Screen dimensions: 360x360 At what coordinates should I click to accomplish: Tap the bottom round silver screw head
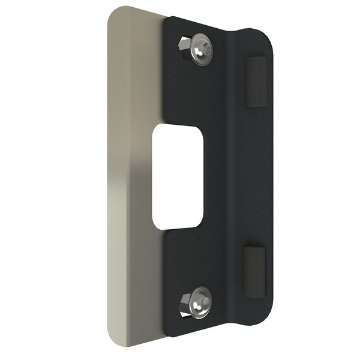click(x=200, y=304)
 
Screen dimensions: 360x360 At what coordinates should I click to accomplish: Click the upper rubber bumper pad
click(x=254, y=83)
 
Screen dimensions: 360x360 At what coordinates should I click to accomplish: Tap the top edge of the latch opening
click(x=178, y=127)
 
